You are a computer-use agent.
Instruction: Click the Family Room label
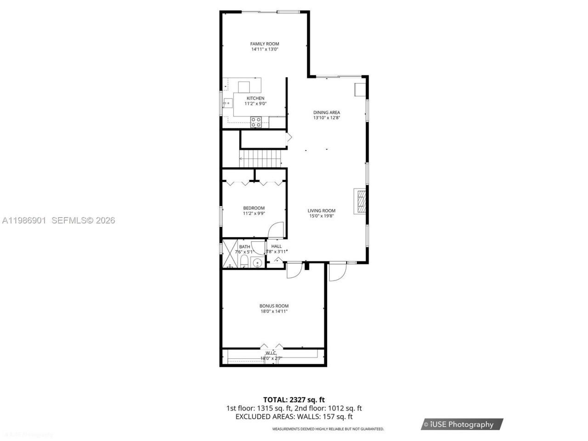[x=265, y=44]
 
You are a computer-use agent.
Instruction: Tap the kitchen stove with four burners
[x=256, y=122]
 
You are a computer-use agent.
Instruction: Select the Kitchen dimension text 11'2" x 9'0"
[x=255, y=104]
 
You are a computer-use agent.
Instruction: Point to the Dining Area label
[x=327, y=113]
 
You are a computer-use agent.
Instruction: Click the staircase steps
[x=260, y=159]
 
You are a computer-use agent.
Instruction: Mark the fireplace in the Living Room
[x=361, y=201]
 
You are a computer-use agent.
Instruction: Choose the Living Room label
[x=322, y=211]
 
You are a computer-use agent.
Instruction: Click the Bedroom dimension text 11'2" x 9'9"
[x=254, y=213]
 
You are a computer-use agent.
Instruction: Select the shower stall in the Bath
[x=229, y=254]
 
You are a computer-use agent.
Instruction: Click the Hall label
[x=277, y=246]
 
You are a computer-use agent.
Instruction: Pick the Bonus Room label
[x=274, y=306]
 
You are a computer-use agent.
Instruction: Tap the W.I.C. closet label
[x=271, y=353]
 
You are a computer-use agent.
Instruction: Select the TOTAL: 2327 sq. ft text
[x=294, y=400]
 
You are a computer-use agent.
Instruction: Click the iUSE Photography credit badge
[x=462, y=424]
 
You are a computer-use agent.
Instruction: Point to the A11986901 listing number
[x=24, y=220]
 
